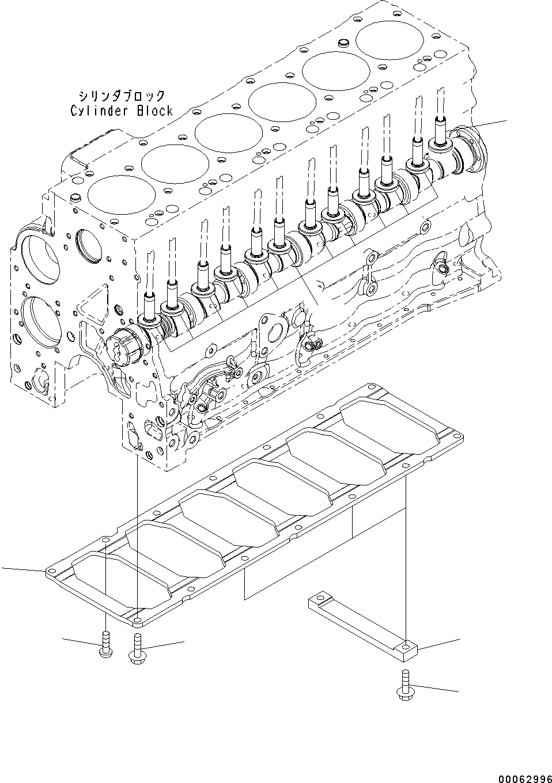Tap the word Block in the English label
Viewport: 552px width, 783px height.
click(154, 111)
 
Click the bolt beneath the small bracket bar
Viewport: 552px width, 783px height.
click(404, 685)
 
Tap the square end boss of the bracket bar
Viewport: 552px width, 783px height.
click(407, 649)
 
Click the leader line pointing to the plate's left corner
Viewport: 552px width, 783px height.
click(23, 569)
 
